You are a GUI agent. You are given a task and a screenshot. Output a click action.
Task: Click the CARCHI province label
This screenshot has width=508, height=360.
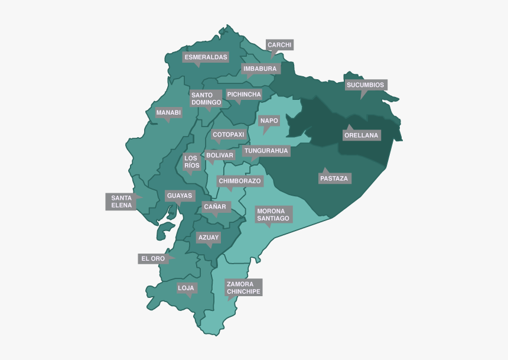coord(279,45)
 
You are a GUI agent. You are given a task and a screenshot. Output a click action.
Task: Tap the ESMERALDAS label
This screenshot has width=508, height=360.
coord(206,57)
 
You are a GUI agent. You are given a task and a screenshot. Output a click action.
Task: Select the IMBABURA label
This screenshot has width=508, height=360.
coord(260,69)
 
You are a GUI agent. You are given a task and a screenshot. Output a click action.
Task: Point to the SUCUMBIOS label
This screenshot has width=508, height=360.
coord(365,85)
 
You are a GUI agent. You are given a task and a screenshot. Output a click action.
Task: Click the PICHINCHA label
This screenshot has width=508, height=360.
coord(243,95)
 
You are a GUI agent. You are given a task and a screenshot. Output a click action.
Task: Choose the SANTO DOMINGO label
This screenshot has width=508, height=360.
coord(206,99)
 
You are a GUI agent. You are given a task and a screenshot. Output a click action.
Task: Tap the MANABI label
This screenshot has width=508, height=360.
coord(168,112)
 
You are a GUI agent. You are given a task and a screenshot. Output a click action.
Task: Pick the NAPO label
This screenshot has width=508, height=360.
coord(269,121)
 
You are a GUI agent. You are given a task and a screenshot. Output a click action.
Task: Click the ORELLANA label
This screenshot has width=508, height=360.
coord(361,135)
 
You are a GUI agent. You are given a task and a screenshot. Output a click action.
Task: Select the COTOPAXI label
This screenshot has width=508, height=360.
coord(228,135)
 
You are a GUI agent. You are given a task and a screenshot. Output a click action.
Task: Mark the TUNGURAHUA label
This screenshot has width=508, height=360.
coord(266,151)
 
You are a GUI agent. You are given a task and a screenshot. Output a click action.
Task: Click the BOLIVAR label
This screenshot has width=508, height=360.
coord(220,155)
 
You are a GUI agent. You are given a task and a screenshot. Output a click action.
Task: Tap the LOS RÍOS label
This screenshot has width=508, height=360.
coord(191,161)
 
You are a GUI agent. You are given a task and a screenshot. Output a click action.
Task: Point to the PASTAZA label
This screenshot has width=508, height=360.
coord(334,179)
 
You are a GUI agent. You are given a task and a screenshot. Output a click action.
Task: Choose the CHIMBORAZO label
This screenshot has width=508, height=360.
coord(239,181)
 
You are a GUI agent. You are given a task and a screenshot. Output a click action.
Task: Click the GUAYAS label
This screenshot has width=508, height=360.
coord(179,196)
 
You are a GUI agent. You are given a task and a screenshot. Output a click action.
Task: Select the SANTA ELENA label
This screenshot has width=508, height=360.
coord(121,202)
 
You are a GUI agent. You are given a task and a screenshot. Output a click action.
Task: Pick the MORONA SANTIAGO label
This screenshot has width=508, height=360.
coord(273,215)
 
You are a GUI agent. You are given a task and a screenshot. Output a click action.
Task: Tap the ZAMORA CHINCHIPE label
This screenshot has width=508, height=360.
coord(243,287)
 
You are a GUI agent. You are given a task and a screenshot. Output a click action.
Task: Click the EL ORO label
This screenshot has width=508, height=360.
coord(152,259)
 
